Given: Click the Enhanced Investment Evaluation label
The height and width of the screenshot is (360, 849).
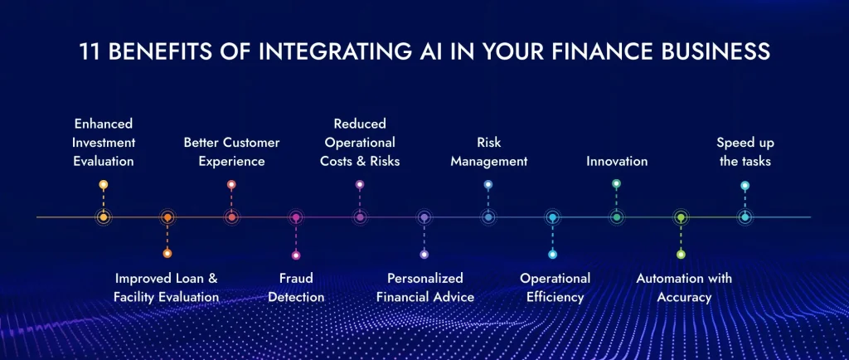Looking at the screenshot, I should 103,142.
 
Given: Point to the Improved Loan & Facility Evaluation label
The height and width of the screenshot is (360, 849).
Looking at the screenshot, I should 167,287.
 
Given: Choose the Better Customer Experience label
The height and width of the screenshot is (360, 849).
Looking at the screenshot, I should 231,152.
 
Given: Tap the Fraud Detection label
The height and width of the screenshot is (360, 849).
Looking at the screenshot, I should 296,287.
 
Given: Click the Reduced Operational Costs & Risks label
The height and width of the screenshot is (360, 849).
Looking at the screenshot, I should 360,142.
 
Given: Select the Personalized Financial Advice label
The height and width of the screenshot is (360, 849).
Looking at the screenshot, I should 424,287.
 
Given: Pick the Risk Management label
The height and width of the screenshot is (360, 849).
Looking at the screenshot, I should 488,152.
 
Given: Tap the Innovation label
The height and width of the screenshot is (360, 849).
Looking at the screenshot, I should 617,161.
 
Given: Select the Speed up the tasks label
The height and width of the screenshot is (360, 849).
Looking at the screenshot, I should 745,152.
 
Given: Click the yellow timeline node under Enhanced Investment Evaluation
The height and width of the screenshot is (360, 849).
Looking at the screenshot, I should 103,217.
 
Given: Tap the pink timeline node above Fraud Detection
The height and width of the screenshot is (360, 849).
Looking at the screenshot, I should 296,217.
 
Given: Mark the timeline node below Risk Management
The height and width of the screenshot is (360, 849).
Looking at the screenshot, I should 488,217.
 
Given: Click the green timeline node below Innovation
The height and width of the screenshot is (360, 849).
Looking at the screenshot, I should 616,217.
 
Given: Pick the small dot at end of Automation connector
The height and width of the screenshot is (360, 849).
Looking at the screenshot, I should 681,255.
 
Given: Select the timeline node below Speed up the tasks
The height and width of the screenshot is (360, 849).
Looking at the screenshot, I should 745,217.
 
